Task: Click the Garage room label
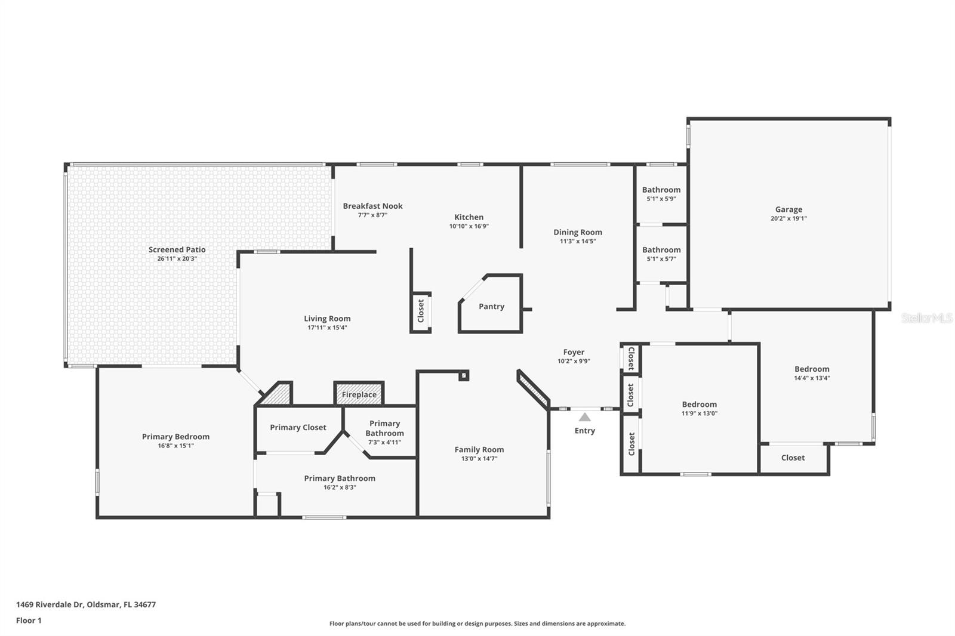[788, 209]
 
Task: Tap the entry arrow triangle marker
[584, 417]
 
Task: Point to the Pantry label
[491, 307]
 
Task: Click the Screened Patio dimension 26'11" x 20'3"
[177, 259]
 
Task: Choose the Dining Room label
[578, 232]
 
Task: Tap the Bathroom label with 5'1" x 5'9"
[661, 190]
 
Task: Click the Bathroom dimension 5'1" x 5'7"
[661, 259]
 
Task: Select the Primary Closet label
[298, 428]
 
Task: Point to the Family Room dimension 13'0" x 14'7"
[479, 459]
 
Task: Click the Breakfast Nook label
[372, 206]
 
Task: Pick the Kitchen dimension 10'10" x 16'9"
[469, 226]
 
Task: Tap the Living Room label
[327, 319]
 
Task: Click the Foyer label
[574, 352]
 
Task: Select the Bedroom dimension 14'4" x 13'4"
[812, 378]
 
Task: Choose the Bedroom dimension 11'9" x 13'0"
[699, 413]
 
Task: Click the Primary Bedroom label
[175, 437]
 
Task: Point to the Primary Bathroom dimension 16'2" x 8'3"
[340, 487]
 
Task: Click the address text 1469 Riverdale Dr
[50, 604]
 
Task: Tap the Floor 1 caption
[29, 620]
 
